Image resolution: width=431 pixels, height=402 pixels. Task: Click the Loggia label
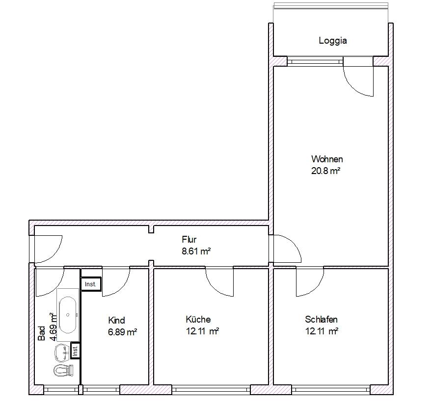tap(333, 41)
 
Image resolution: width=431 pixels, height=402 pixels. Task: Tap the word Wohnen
tap(327, 159)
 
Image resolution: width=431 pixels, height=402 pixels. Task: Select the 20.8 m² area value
tap(326, 171)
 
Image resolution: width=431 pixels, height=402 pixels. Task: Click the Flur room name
tap(189, 239)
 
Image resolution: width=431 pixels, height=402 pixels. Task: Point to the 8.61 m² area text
tap(196, 251)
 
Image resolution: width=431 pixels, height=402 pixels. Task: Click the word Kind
tap(116, 320)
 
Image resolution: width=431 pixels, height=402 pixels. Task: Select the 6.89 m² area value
tap(123, 332)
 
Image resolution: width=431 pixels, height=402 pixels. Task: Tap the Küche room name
tap(198, 319)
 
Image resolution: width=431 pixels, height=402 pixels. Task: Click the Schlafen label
tap(322, 319)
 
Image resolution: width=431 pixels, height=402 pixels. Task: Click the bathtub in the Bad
tap(68, 315)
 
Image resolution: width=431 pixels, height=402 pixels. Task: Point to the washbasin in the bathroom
tap(62, 352)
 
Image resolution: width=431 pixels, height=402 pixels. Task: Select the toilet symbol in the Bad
tap(64, 371)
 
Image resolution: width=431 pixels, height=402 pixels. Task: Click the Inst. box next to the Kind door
tap(91, 284)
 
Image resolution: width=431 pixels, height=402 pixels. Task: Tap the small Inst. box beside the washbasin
tap(75, 351)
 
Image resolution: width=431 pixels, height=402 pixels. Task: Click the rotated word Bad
tap(41, 333)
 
